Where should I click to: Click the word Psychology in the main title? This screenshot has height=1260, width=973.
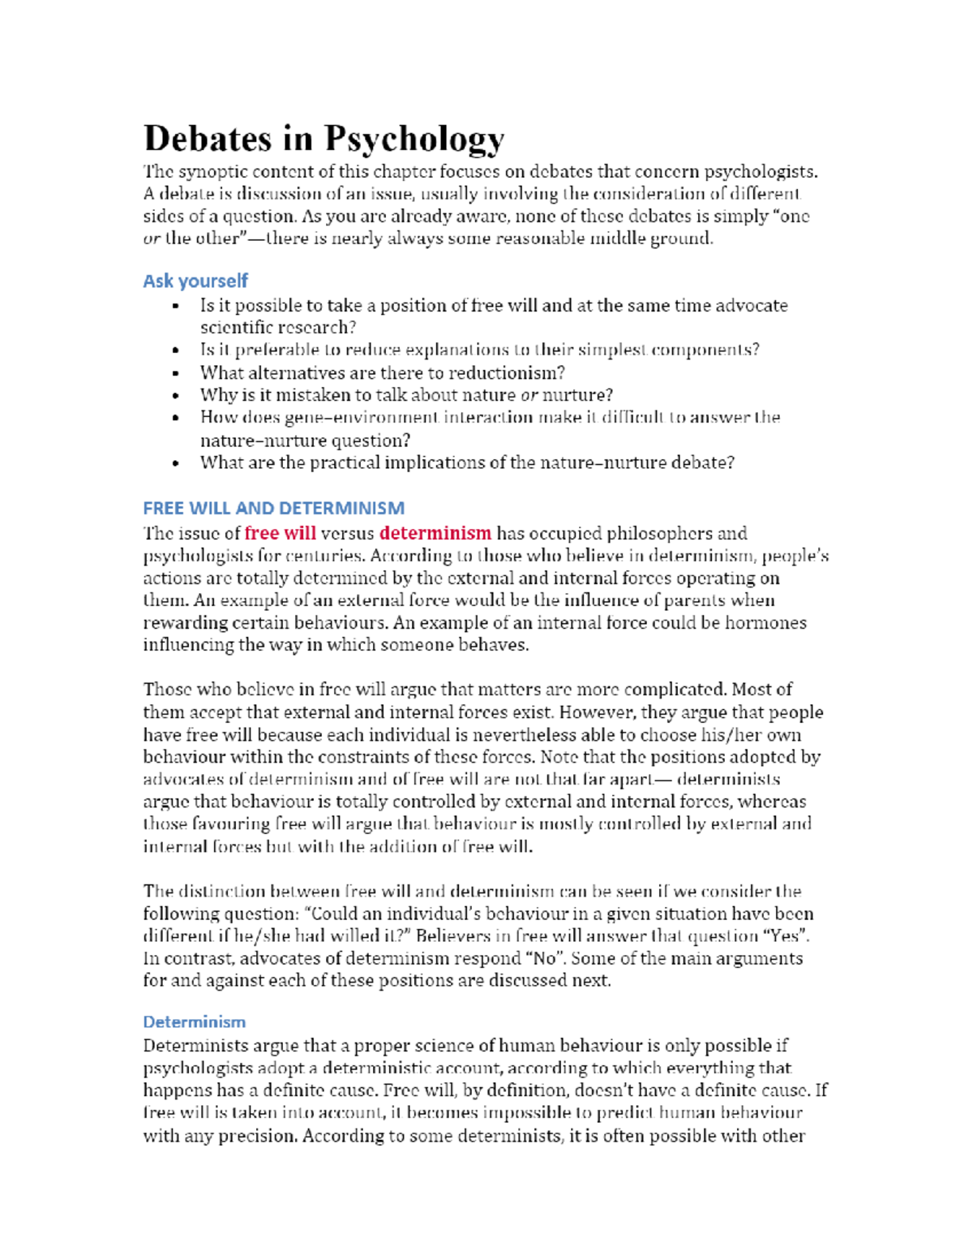click(414, 140)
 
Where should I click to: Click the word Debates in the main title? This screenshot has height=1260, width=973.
click(207, 138)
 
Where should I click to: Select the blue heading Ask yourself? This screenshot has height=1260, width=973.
click(195, 281)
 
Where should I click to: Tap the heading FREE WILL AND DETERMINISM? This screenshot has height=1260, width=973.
click(273, 508)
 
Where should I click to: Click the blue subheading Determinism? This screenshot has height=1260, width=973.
click(194, 1021)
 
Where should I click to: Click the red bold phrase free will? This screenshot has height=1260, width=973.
click(280, 533)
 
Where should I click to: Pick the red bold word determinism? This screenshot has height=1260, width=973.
click(435, 533)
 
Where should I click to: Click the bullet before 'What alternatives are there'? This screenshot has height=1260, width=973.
click(175, 373)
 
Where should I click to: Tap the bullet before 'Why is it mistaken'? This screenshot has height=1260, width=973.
click(175, 396)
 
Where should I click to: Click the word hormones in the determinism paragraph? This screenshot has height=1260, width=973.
click(765, 622)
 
